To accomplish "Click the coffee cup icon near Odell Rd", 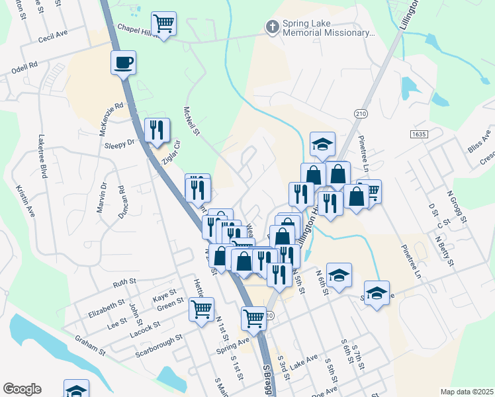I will pos(122,64).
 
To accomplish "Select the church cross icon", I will pos(271,27).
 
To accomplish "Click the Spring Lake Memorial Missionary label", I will pos(329,28).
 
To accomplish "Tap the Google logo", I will pos(22,388).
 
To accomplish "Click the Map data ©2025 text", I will pos(467,392).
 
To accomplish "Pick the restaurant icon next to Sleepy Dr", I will pos(157,130).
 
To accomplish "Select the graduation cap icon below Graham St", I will pos(76,390).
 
